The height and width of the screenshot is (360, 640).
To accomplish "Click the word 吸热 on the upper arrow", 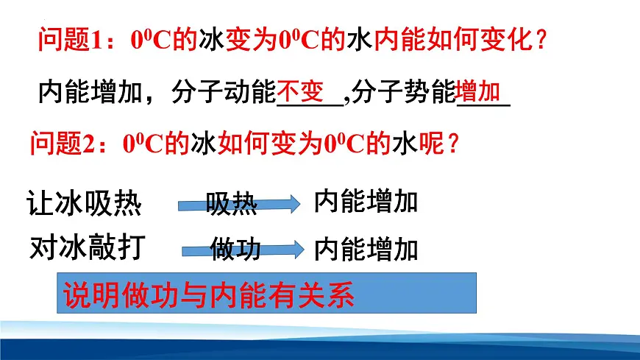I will pos(231,205).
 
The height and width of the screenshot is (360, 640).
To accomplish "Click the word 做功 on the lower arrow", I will pos(235,250).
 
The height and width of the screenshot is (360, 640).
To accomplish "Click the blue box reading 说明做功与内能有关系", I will pos(267,294).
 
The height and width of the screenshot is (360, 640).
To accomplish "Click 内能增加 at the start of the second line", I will pos(89,93).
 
